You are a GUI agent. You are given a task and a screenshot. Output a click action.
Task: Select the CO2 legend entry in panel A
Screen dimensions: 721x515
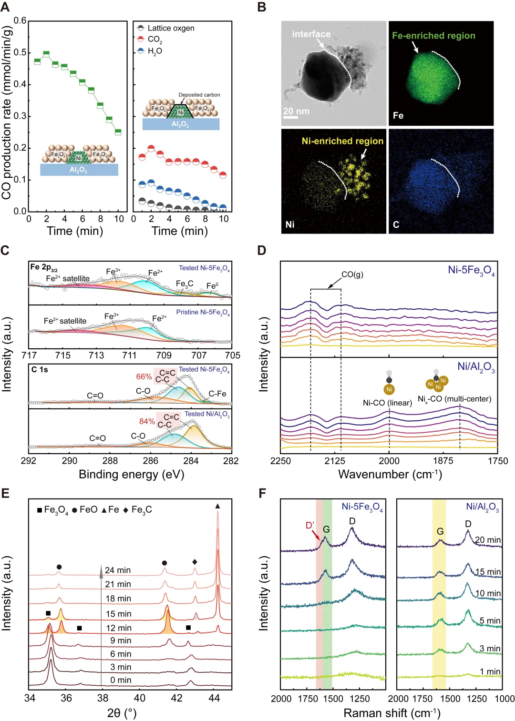point(154,39)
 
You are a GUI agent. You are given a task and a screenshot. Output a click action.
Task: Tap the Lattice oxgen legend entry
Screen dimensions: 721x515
point(171,28)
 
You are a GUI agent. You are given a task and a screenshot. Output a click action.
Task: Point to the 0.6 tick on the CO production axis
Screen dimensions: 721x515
point(20,21)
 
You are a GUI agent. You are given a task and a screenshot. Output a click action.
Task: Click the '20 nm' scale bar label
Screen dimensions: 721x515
point(296,111)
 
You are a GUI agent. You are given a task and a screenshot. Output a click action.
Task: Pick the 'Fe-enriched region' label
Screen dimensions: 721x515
point(433,36)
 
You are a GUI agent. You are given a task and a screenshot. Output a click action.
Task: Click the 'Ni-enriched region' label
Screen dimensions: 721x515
point(342,141)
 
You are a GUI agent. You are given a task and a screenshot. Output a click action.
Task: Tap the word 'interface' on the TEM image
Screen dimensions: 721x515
point(311,34)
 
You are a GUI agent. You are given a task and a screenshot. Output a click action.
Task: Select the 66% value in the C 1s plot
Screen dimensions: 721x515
point(144,376)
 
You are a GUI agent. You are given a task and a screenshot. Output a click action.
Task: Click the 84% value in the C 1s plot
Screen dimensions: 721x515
point(147,421)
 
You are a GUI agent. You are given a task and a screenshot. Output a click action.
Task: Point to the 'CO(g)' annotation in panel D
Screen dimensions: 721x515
point(352,274)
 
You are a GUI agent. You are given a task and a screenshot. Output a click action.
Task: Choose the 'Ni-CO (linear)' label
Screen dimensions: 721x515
point(387,403)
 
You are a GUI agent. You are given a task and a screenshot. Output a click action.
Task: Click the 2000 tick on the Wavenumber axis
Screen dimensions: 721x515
point(389,461)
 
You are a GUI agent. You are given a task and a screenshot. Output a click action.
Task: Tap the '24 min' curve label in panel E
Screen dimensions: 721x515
point(118,570)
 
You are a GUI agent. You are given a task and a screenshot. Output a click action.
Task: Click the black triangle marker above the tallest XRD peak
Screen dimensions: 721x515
point(218,506)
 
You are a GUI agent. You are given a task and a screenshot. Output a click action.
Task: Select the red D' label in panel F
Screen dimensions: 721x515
point(310,525)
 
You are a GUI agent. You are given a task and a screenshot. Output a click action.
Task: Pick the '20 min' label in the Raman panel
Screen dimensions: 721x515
point(488,540)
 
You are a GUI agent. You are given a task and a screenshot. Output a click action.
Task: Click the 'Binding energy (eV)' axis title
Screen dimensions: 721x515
point(131,475)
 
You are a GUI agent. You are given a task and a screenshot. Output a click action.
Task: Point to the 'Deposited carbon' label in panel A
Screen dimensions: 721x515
point(199,95)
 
